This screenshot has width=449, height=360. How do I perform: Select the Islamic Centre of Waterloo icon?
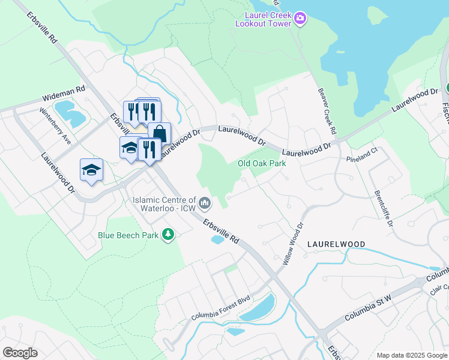[x=205, y=204]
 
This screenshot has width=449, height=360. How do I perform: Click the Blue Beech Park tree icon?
[x=169, y=235]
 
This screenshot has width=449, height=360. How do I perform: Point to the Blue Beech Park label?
[x=128, y=235]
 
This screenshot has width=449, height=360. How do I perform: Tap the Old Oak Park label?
[x=261, y=163]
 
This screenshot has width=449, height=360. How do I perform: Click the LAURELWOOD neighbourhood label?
[x=336, y=245]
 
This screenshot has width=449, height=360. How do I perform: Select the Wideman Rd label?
[x=64, y=92]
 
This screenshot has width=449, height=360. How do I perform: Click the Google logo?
[x=20, y=353]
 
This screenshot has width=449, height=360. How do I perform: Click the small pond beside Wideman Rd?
[x=70, y=112]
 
